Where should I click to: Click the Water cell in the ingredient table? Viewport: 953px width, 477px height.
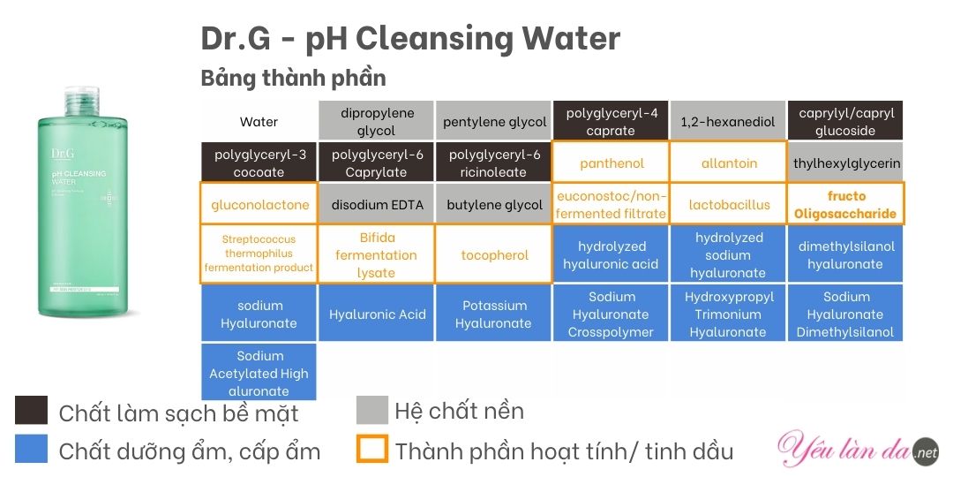(x=259, y=121)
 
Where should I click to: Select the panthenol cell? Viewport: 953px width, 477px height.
(x=611, y=163)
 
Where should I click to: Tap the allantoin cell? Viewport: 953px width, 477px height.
(x=728, y=163)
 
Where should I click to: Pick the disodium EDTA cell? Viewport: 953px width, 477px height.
(x=376, y=204)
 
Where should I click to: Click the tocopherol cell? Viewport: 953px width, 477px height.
(x=493, y=254)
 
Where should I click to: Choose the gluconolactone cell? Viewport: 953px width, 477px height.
(x=259, y=204)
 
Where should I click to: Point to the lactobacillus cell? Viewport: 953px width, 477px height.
(x=728, y=204)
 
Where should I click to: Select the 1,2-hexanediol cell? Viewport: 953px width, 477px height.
(x=728, y=121)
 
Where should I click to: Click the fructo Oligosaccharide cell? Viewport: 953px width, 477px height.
(x=845, y=204)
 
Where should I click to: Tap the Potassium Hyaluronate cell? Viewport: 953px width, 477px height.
(x=493, y=313)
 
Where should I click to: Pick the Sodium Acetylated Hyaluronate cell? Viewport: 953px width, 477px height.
(x=259, y=372)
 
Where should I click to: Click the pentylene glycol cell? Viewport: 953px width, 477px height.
(x=493, y=121)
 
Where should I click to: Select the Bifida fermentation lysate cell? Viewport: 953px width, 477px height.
(x=376, y=254)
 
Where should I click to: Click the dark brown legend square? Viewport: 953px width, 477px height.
(x=31, y=410)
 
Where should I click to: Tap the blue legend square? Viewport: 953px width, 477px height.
(x=31, y=449)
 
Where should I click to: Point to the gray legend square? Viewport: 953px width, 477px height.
(x=372, y=410)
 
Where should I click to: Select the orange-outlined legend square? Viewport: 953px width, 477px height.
(x=372, y=449)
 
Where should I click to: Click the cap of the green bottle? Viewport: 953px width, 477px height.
(x=82, y=101)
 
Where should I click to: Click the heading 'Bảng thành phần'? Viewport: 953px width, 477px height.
(x=294, y=78)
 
